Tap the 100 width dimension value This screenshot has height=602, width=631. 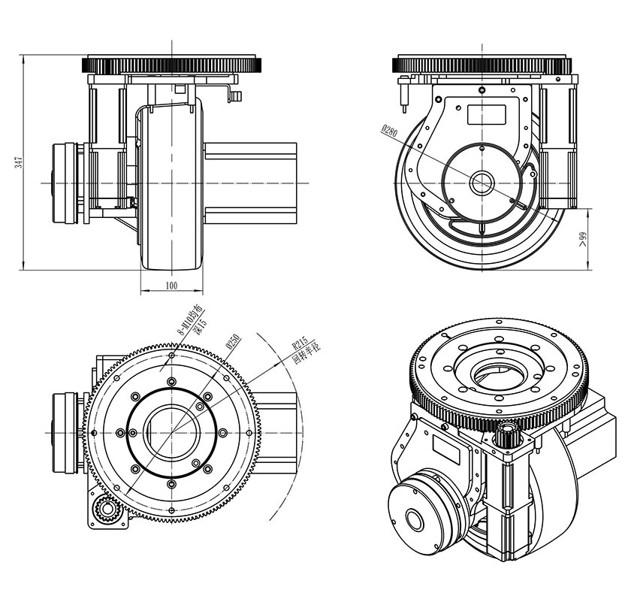tap(171, 286)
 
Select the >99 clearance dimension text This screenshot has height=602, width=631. tap(582, 239)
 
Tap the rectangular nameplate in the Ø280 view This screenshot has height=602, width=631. tap(486, 114)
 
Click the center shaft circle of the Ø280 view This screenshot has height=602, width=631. tap(482, 183)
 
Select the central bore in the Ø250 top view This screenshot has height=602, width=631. tap(173, 433)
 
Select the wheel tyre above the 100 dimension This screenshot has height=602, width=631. tap(172, 188)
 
